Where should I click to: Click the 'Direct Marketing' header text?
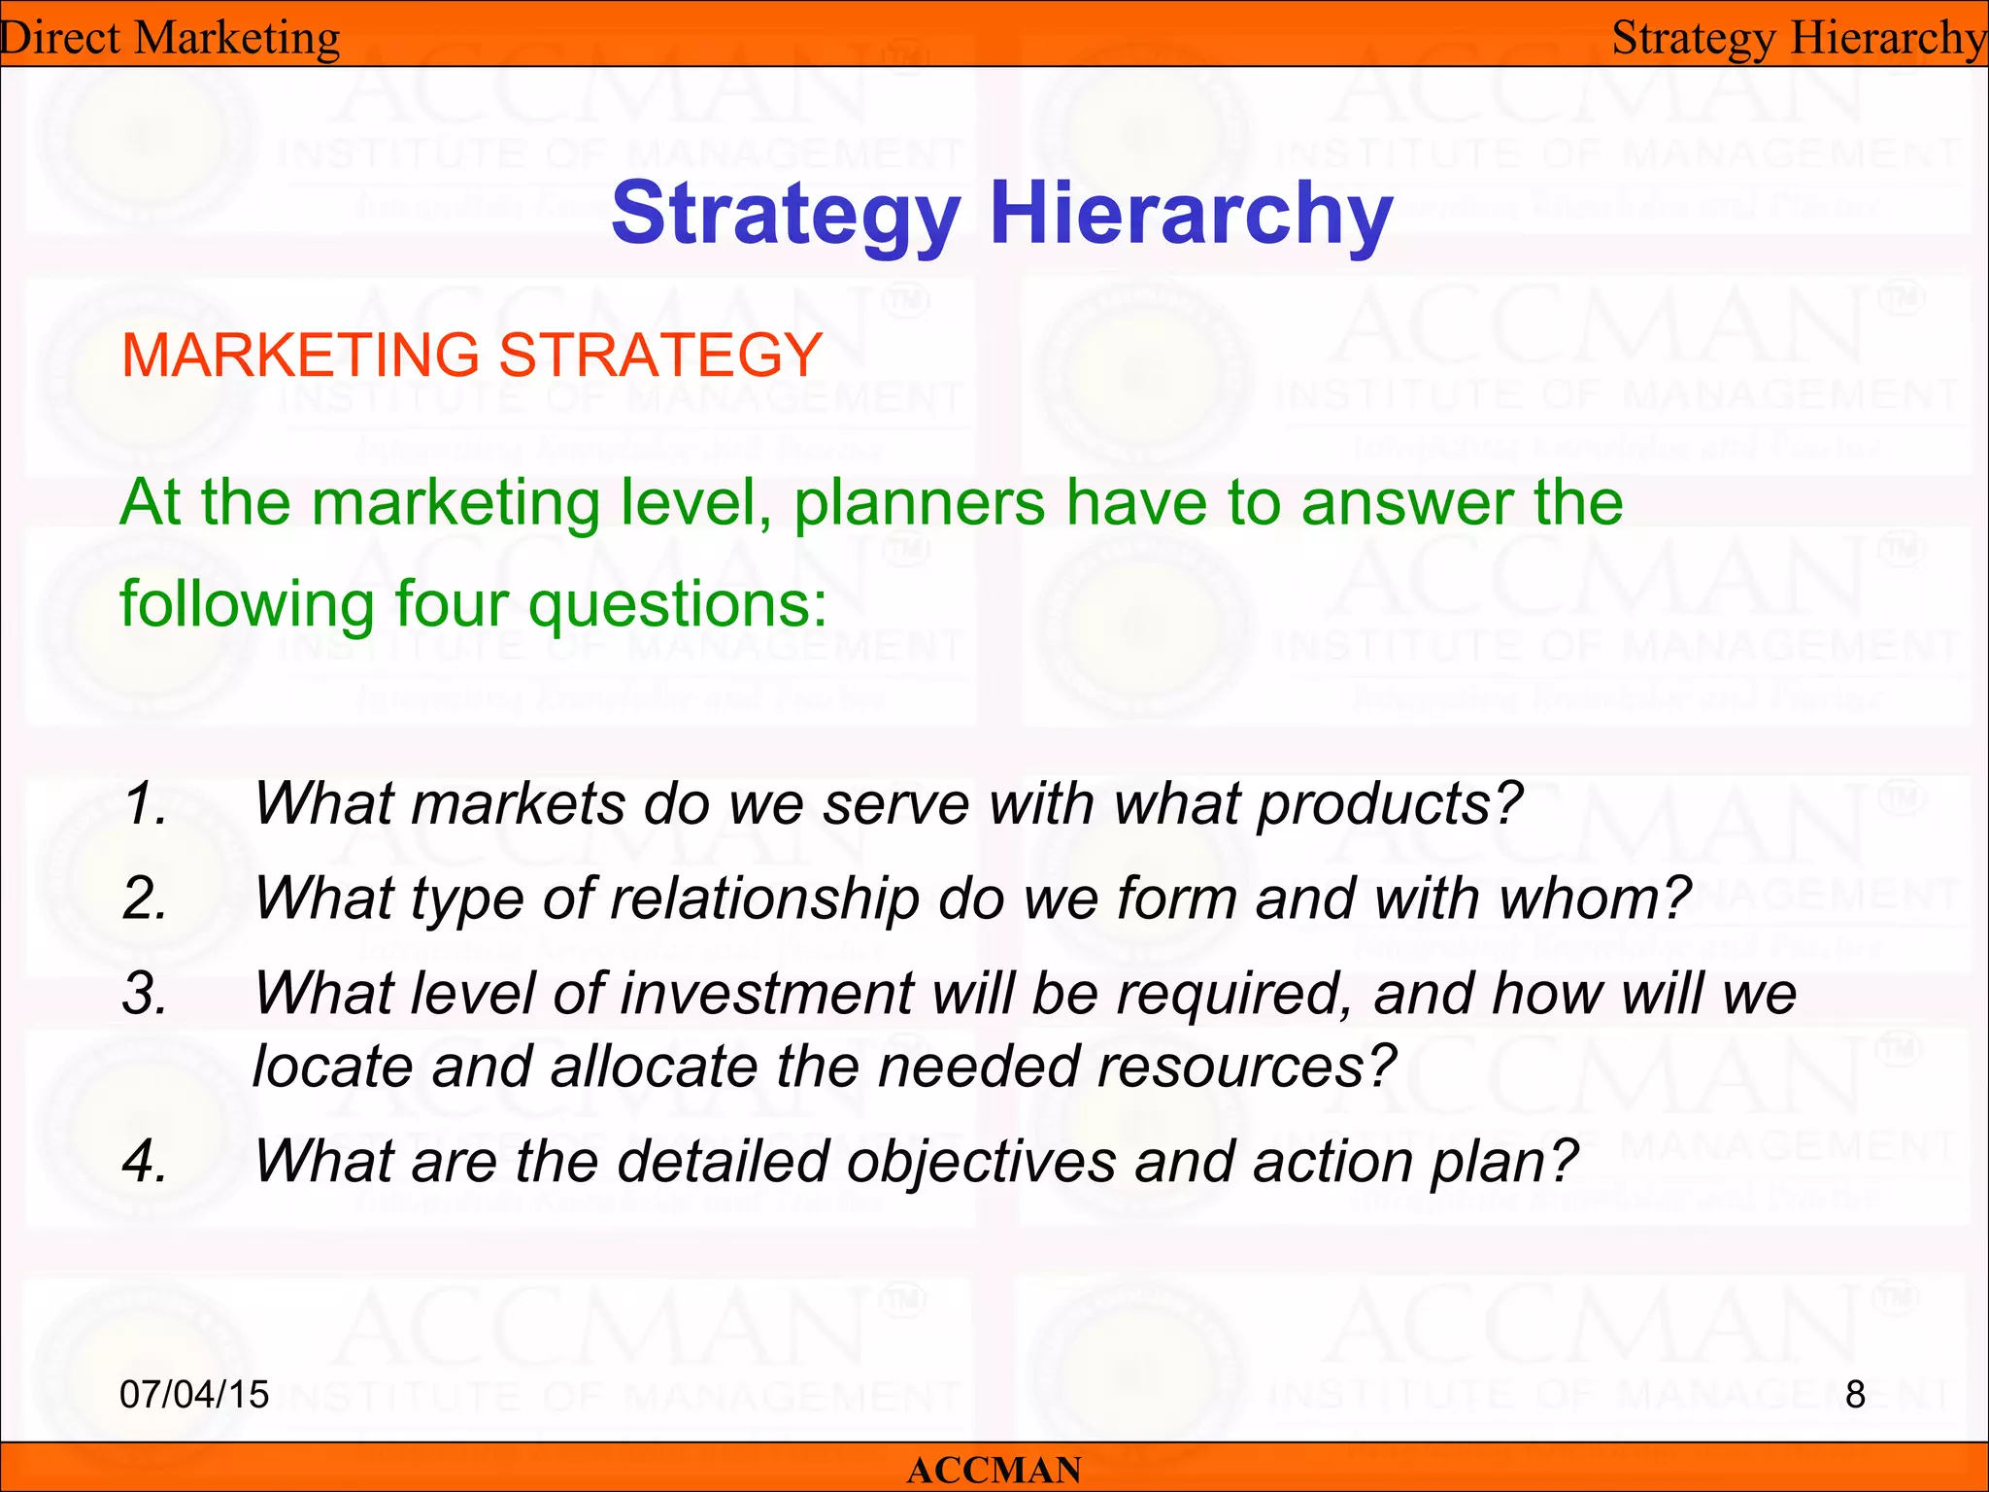[x=170, y=39]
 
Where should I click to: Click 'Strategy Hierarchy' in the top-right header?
[x=1799, y=39]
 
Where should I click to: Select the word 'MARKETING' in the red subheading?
[x=300, y=355]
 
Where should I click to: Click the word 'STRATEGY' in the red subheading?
[x=660, y=355]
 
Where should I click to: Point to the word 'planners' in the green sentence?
[x=919, y=505]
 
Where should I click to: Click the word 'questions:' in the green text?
[x=677, y=605]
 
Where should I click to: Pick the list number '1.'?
[x=146, y=804]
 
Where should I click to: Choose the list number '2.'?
[x=146, y=899]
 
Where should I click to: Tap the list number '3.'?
[x=146, y=994]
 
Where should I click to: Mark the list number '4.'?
[x=146, y=1161]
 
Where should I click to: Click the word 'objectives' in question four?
[x=981, y=1162]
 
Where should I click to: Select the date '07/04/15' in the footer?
[x=193, y=1395]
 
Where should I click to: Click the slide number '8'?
[x=1855, y=1395]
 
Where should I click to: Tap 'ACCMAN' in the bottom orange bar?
[x=994, y=1471]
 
